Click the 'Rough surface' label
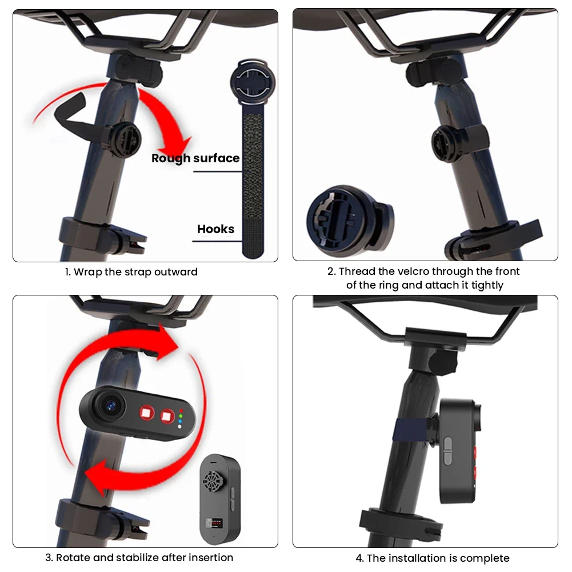195,158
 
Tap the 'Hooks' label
215,229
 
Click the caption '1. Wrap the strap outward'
131,272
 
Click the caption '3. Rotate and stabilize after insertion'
139,557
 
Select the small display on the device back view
214,522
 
